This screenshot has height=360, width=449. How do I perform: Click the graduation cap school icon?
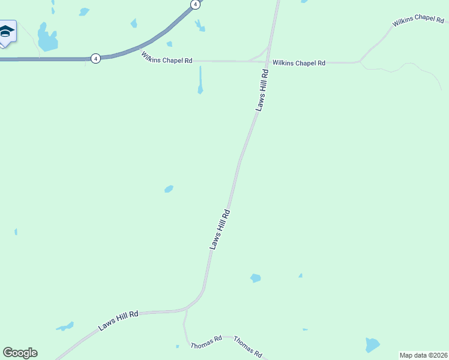point(6,32)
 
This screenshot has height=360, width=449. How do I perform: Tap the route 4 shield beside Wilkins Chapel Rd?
point(95,58)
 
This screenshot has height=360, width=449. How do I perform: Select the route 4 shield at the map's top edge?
point(194,4)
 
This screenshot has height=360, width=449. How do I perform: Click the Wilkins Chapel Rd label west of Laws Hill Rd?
point(167,59)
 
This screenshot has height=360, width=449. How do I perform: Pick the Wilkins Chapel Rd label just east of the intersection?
point(298,62)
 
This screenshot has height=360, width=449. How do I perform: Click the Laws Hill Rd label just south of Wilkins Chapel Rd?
point(262,90)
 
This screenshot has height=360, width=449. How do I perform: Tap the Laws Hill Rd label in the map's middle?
point(220,229)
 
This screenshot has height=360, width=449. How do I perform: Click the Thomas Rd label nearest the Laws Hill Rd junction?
point(206,342)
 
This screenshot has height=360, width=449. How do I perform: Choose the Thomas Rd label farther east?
point(247,346)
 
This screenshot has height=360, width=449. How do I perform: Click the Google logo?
point(20,353)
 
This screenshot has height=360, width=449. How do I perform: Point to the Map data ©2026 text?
point(423,355)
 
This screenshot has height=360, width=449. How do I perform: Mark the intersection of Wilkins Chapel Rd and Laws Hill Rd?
point(268,61)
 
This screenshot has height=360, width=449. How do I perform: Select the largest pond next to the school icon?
point(47,39)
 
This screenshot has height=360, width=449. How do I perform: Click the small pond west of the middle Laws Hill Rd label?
point(169,189)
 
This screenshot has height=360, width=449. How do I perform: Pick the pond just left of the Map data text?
point(372,344)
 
